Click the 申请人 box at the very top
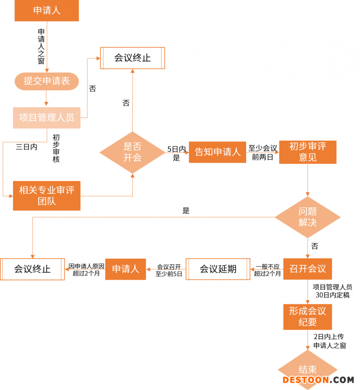[47, 11]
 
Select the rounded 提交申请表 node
[47, 81]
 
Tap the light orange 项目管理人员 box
[47, 118]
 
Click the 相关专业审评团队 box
[47, 195]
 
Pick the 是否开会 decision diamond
[132, 152]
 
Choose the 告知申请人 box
[217, 152]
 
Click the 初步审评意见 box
[308, 152]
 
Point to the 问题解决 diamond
[308, 218]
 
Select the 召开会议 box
[308, 269]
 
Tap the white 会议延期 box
[218, 269]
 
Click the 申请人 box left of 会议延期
[126, 269]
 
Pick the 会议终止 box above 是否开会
[132, 58]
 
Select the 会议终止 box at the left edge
[32, 269]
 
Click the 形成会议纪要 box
[308, 317]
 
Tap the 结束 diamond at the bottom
[308, 369]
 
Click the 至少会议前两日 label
[263, 152]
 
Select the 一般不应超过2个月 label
[267, 270]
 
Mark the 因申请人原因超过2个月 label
[86, 269]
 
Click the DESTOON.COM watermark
[318, 380]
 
